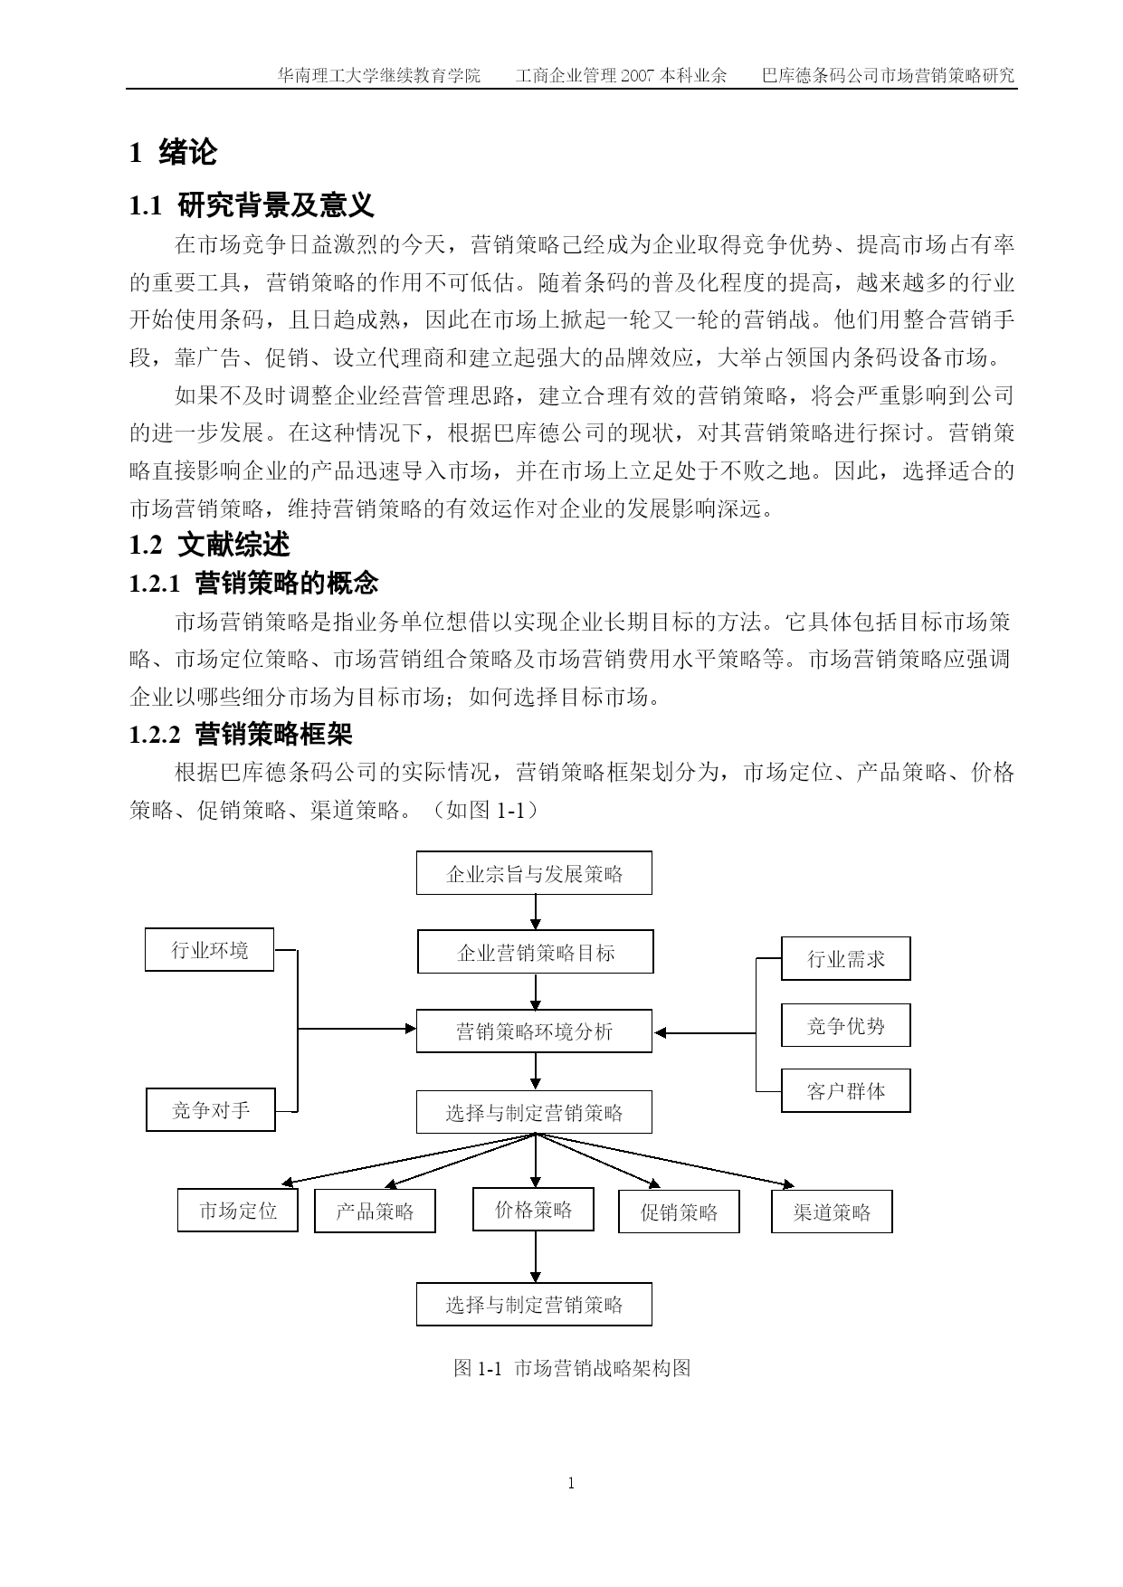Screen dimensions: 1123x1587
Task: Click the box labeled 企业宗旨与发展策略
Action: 534,873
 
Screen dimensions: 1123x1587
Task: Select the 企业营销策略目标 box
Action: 536,952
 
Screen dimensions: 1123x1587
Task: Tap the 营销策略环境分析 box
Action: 534,1031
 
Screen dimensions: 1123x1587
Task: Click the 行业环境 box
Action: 209,950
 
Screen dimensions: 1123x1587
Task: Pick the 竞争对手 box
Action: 211,1109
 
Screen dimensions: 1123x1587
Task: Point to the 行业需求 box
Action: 846,958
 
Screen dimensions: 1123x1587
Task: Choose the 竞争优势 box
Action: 846,1025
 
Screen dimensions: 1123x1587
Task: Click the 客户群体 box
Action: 846,1090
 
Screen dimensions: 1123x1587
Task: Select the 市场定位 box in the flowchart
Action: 238,1211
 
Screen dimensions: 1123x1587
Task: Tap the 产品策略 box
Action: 375,1211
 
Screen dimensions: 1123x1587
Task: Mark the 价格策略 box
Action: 533,1209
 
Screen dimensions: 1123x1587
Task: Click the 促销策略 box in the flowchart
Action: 679,1212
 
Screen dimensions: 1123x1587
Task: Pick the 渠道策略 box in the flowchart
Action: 832,1212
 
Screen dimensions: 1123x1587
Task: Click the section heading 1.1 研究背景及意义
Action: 252,205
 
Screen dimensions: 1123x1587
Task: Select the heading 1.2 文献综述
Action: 210,545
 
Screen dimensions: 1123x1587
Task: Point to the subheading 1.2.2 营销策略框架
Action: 241,734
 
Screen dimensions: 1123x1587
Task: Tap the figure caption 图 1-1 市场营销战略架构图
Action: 572,1368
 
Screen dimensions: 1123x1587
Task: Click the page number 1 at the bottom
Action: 571,1483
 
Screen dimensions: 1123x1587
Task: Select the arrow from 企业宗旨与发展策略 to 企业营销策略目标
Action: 535,912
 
